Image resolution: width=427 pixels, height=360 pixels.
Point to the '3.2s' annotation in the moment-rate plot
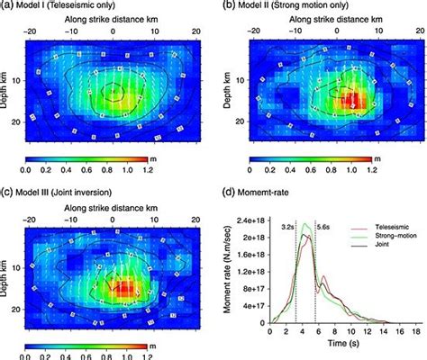pyautogui.click(x=286, y=229)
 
